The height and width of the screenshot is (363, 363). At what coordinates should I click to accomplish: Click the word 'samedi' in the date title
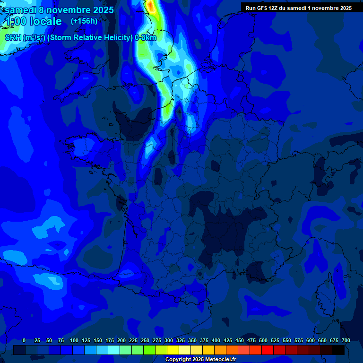[x=21, y=10]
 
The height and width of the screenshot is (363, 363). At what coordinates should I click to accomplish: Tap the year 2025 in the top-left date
[x=100, y=10]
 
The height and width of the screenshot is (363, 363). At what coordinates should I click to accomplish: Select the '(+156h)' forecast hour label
[x=84, y=21]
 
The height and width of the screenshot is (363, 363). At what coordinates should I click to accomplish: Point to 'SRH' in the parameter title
[x=13, y=38]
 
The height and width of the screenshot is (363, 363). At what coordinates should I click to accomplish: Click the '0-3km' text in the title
[x=146, y=38]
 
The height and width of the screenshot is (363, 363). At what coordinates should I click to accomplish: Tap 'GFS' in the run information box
[x=261, y=8]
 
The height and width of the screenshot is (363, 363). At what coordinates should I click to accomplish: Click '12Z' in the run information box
[x=273, y=8]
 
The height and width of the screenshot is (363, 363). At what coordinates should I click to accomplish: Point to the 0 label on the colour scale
[x=24, y=340]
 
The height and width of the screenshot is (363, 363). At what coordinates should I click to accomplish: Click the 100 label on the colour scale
[x=74, y=340]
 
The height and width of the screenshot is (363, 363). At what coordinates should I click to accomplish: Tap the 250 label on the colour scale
[x=145, y=340]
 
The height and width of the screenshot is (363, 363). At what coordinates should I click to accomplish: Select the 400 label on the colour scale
[x=216, y=340]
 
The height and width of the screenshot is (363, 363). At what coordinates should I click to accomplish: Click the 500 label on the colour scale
[x=263, y=340]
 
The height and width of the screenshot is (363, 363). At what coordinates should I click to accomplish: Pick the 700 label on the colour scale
[x=346, y=340]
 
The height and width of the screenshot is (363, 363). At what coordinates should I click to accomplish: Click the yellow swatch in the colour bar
[x=173, y=350]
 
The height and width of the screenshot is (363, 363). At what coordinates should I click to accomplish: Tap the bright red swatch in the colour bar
[x=268, y=350]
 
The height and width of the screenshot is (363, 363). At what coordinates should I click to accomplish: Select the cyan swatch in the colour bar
[x=114, y=350]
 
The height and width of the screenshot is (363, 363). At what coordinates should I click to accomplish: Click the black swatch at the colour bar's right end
[x=338, y=350]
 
